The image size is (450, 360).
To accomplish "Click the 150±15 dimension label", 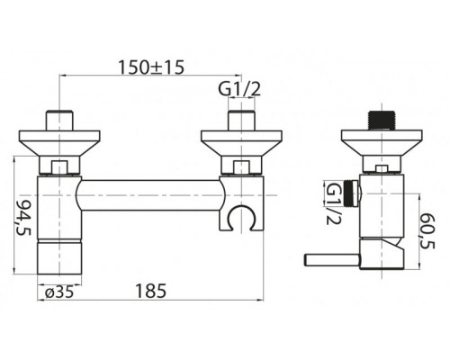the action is (x=151, y=67).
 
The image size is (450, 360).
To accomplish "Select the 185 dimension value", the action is (x=150, y=291).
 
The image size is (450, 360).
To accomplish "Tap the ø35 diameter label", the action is (x=58, y=292).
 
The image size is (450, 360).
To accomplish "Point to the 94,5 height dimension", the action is (x=25, y=217).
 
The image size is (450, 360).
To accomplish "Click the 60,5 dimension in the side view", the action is (x=427, y=230).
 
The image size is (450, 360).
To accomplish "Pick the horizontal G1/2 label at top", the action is (x=239, y=89).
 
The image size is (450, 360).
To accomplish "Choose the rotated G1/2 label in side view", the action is (x=334, y=204).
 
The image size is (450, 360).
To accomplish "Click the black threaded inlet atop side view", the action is (x=382, y=121).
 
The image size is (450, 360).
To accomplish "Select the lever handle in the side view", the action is (x=331, y=260).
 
